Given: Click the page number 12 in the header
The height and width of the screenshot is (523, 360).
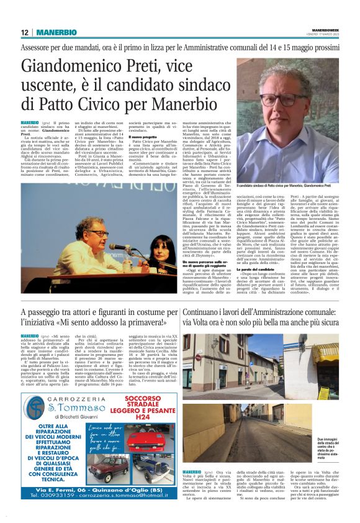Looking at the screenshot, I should tap(24, 32).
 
